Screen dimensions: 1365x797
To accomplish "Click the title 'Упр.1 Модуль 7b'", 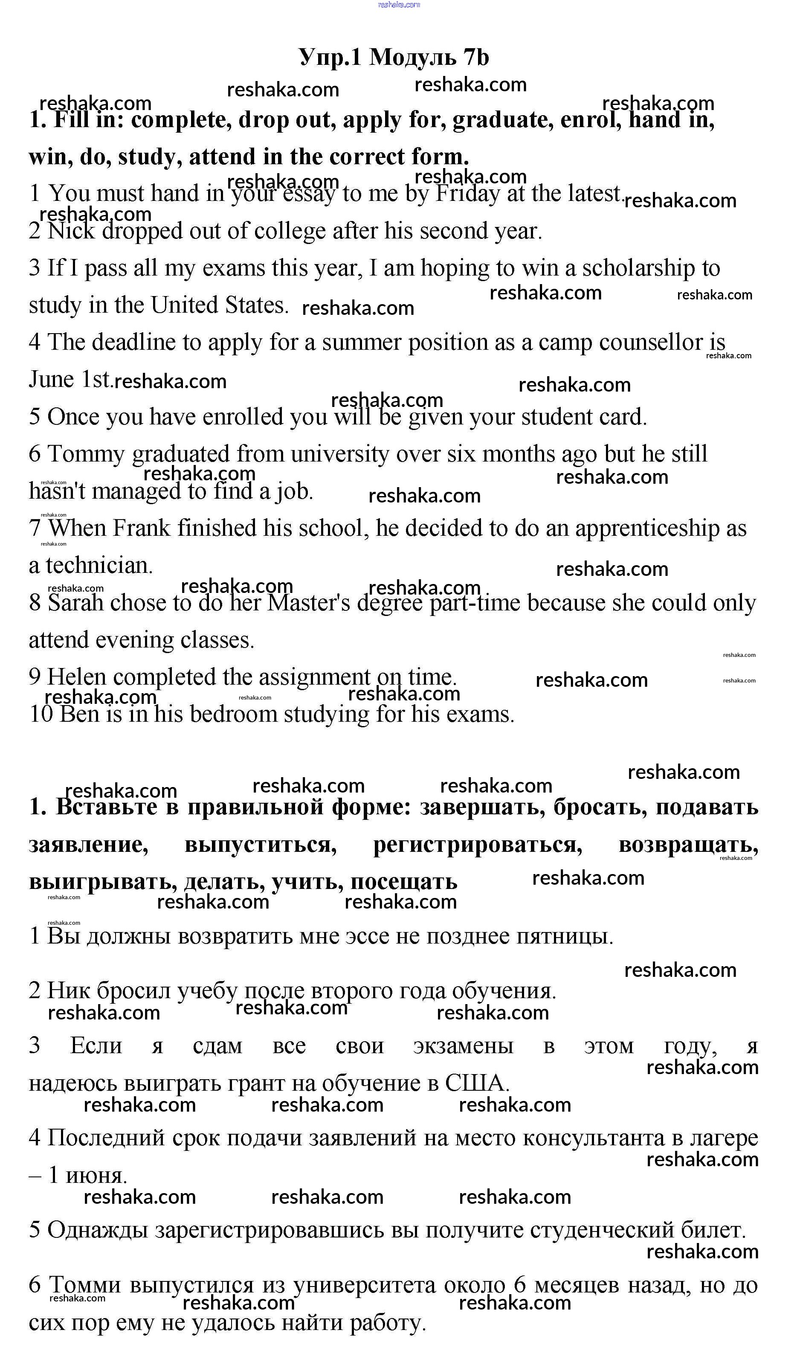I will (x=394, y=57).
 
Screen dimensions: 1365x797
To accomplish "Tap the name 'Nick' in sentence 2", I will (x=70, y=231).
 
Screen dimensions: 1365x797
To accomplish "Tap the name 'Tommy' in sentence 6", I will (x=87, y=454).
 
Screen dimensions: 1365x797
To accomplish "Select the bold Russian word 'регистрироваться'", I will (x=478, y=845).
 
